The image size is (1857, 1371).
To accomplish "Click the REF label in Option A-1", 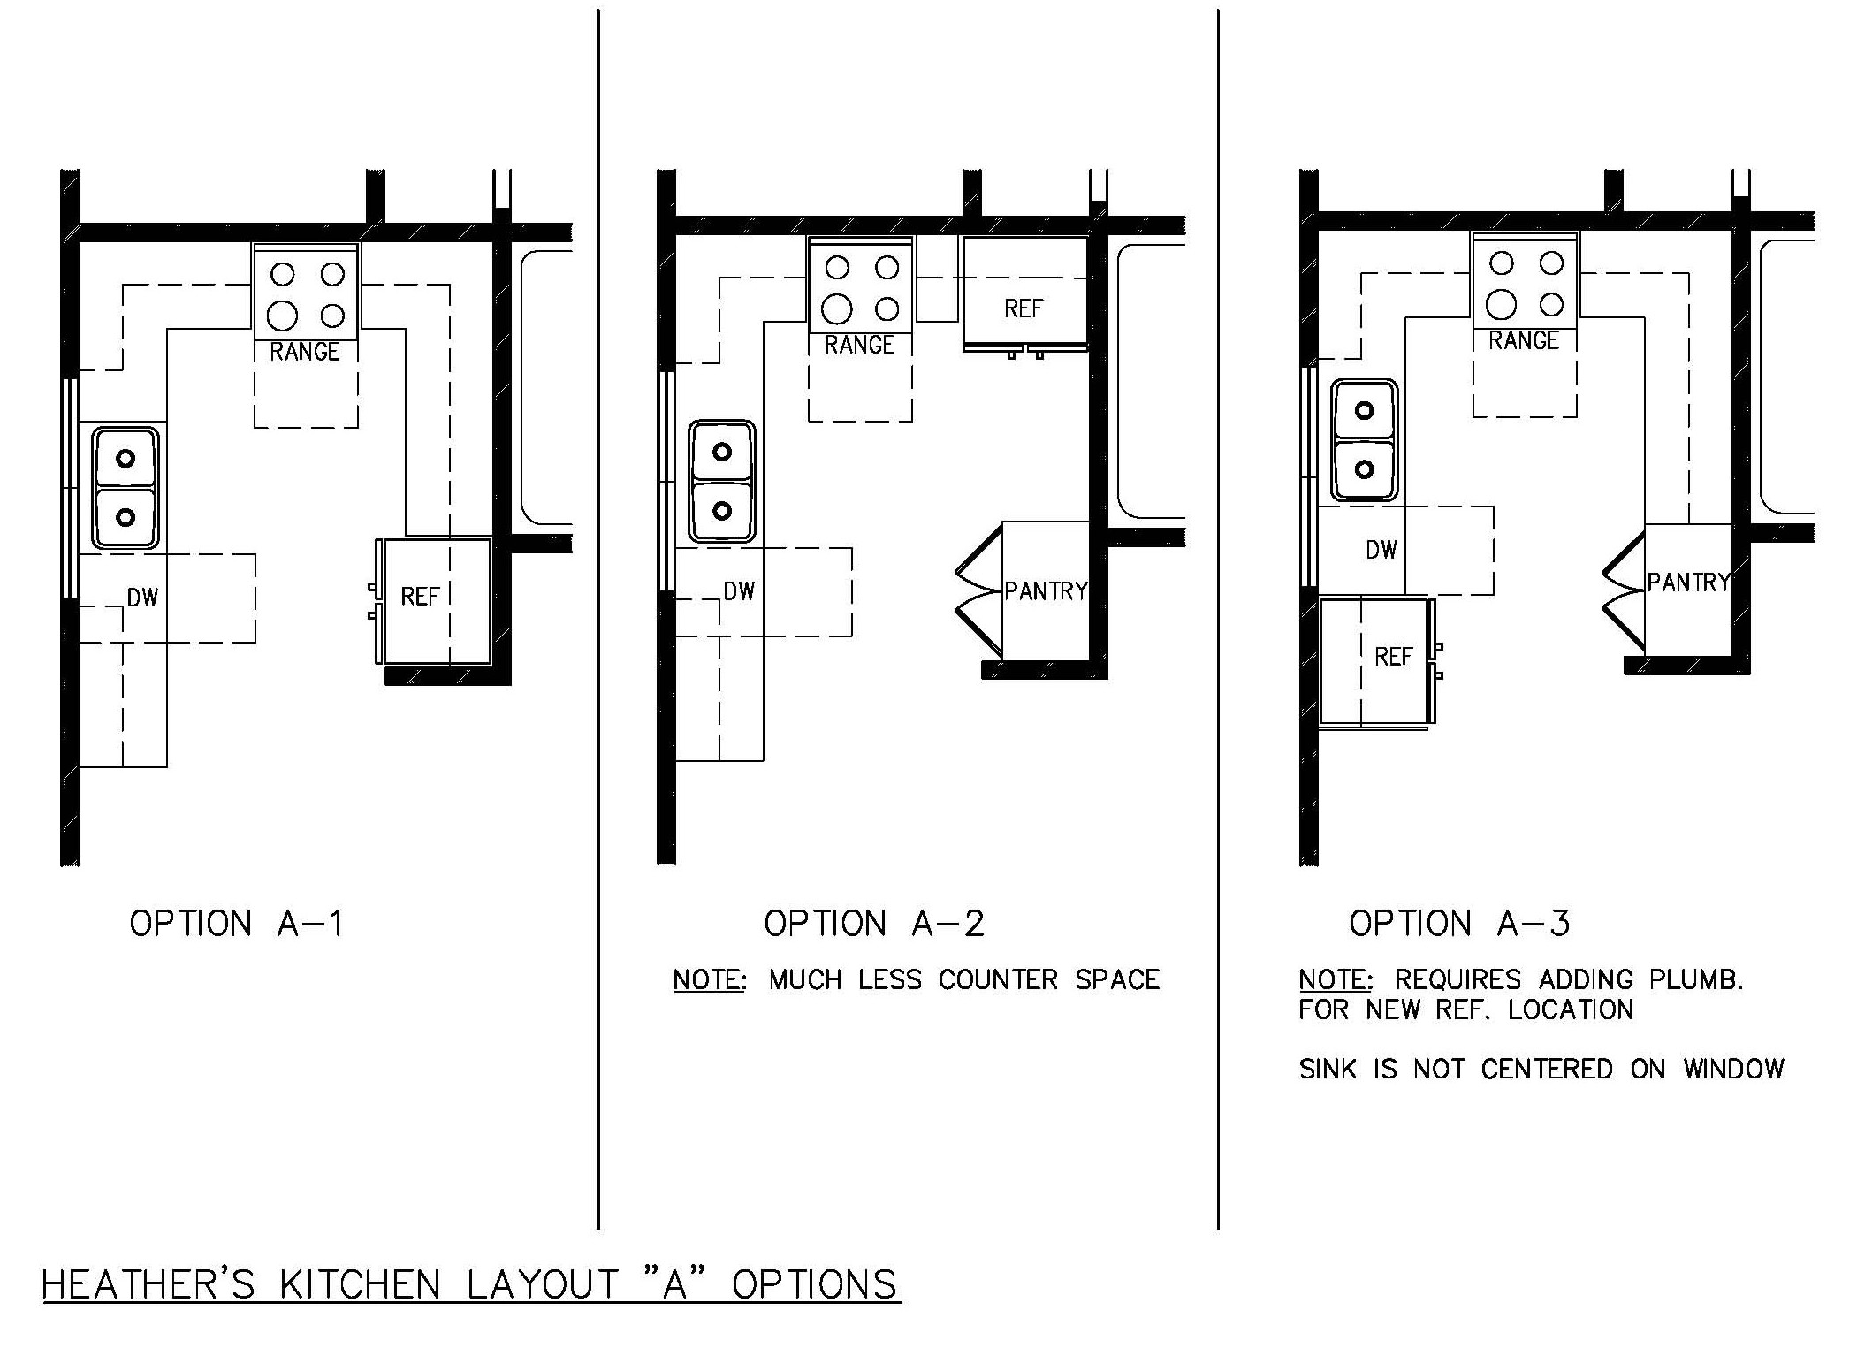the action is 420,597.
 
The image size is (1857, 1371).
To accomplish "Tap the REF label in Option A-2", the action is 1024,308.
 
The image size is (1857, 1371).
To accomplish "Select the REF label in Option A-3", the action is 1394,657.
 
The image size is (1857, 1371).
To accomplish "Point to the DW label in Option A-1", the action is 142,598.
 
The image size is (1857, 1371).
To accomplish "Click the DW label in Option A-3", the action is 1381,550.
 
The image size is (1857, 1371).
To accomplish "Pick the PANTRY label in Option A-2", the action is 1046,590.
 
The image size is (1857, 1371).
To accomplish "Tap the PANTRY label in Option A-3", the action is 1688,582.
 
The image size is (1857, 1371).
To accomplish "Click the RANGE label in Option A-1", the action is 305,352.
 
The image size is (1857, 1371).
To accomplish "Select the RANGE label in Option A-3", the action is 1524,340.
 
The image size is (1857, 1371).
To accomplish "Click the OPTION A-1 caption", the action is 236,924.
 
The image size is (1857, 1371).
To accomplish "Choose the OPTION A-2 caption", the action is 874,924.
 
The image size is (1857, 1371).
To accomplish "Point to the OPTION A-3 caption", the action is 1459,924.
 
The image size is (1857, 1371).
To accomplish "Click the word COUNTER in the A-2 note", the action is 998,979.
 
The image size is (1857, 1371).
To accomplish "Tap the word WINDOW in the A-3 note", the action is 1733,1069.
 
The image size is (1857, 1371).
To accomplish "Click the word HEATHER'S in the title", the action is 148,1284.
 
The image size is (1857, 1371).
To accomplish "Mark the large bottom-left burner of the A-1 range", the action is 283,314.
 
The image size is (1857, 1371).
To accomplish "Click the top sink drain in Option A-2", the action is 722,452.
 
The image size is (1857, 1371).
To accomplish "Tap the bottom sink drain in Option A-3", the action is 1365,468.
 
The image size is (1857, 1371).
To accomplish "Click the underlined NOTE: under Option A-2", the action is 710,979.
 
